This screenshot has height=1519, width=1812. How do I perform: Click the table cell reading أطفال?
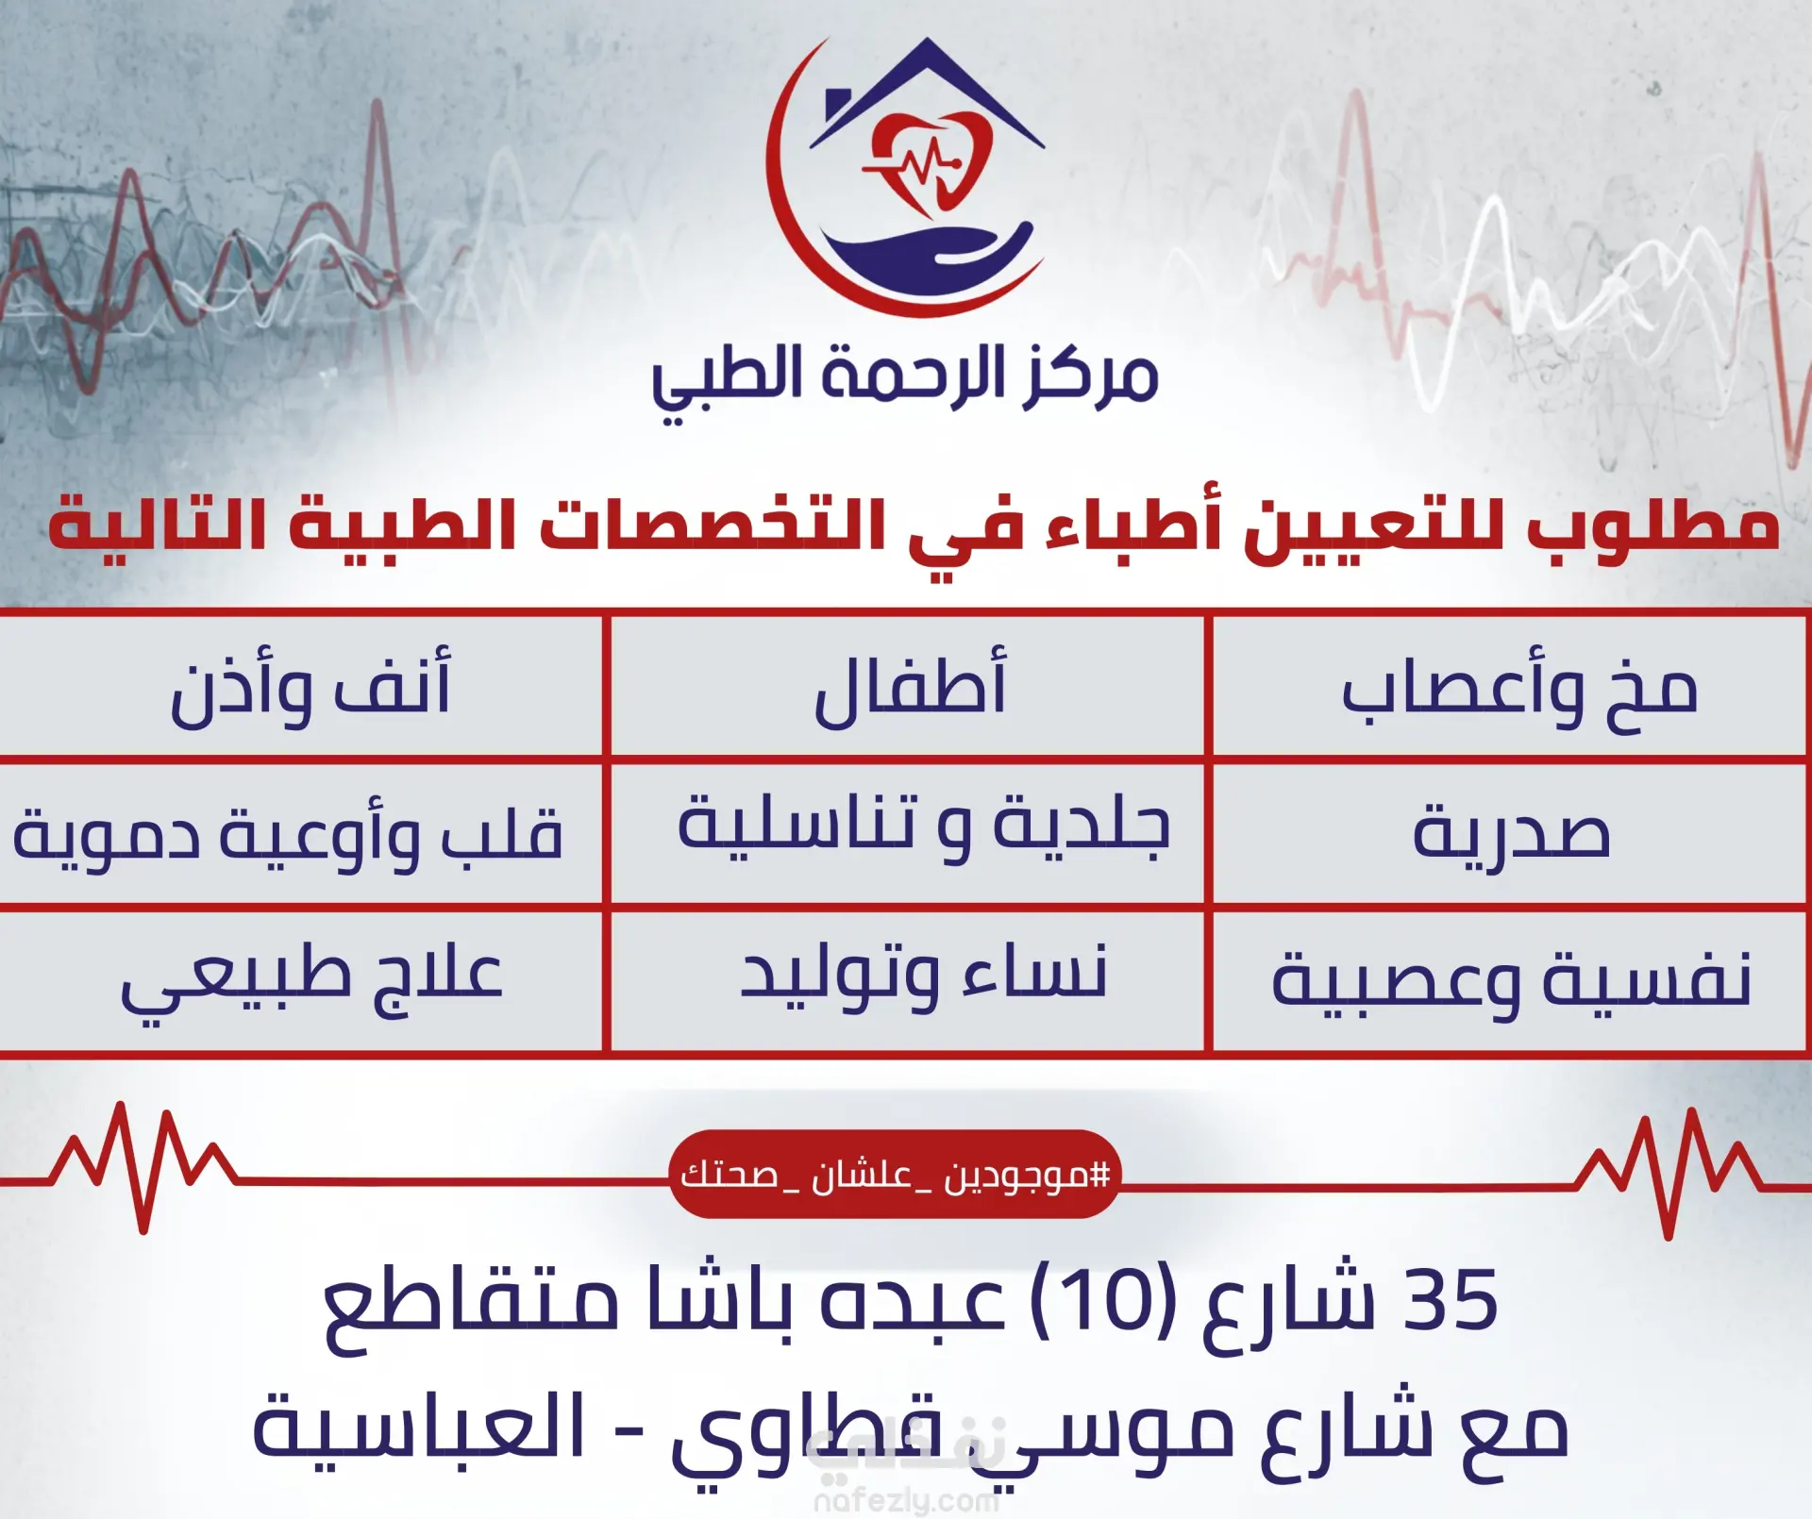[x=908, y=686]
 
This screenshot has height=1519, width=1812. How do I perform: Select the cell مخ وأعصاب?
[x=1510, y=686]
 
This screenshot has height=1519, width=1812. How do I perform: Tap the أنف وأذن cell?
[x=300, y=686]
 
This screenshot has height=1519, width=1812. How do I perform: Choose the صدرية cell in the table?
[x=1510, y=833]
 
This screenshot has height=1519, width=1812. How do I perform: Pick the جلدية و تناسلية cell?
[x=908, y=833]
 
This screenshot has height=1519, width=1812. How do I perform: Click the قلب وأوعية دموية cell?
[x=300, y=833]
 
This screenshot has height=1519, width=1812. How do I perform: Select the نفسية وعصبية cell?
[x=1510, y=980]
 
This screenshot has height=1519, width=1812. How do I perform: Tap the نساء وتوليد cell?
[x=908, y=980]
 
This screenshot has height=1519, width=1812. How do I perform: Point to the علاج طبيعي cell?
[x=300, y=980]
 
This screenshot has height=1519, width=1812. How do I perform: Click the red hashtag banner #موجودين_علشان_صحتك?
[x=895, y=1175]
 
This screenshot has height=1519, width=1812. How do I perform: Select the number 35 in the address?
[x=1451, y=1301]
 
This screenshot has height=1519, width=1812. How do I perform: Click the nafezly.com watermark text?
[x=906, y=1500]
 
